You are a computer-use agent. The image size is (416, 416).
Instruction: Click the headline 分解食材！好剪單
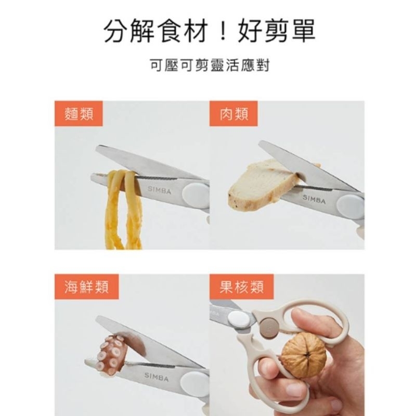click(x=210, y=31)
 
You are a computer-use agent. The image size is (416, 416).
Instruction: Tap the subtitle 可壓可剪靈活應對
click(x=210, y=65)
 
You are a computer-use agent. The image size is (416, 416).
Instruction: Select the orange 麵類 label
click(x=79, y=114)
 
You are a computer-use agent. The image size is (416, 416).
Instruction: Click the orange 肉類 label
click(x=233, y=114)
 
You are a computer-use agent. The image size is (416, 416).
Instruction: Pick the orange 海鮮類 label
click(x=86, y=287)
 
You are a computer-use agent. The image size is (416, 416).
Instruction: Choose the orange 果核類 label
click(x=241, y=287)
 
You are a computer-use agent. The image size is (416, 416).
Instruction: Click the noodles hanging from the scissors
click(x=123, y=209)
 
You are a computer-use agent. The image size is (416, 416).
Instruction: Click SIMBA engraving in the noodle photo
click(x=159, y=190)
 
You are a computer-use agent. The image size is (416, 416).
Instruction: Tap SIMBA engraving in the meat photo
click(x=314, y=199)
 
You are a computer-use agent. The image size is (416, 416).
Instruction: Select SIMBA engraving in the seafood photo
click(x=157, y=376)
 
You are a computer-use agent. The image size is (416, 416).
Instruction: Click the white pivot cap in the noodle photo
click(x=197, y=193)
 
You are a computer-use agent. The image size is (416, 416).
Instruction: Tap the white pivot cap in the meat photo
click(x=350, y=206)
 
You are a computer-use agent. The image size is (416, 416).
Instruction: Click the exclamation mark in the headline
click(x=223, y=31)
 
